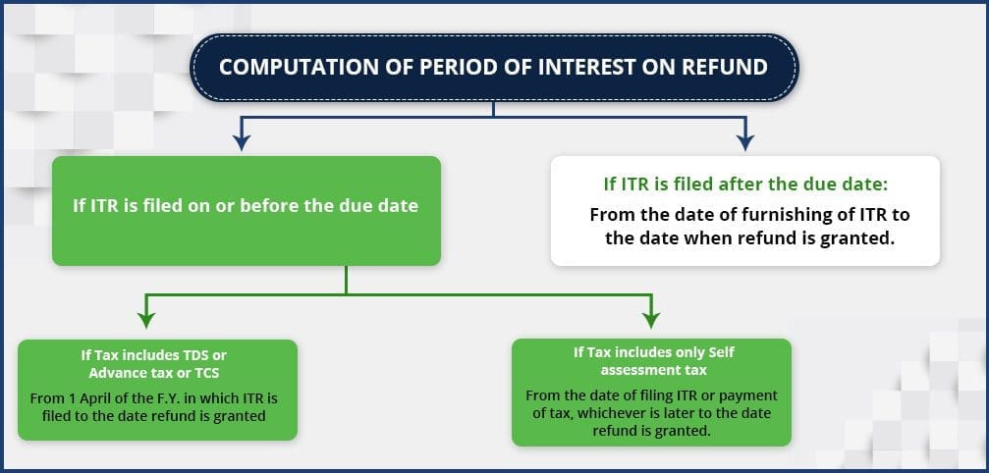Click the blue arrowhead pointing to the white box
click(x=745, y=142)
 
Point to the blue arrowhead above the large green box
click(x=241, y=142)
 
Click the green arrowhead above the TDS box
click(x=146, y=320)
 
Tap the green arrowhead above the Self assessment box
click(x=651, y=320)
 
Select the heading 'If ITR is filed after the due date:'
click(x=745, y=185)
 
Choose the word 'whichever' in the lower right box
click(x=617, y=414)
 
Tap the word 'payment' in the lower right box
click(x=751, y=396)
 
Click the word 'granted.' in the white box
click(x=865, y=239)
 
